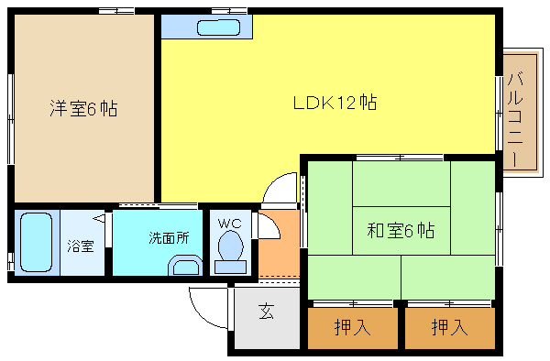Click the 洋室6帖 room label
coord(83,108)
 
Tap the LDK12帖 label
coord(335,103)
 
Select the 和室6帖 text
coord(401,231)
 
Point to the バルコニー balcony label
coord(515,119)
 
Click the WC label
coord(230,224)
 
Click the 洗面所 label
coord(169,237)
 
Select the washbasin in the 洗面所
coord(185,266)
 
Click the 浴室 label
coord(81,246)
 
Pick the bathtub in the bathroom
coord(36,242)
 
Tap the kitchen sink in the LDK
coord(218,27)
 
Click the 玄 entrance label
coord(267,312)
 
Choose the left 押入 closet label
coord(352,327)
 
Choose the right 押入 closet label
coord(449,327)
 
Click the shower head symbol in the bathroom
coord(99,218)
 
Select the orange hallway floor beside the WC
coord(279,244)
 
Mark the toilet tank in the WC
coord(230,268)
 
